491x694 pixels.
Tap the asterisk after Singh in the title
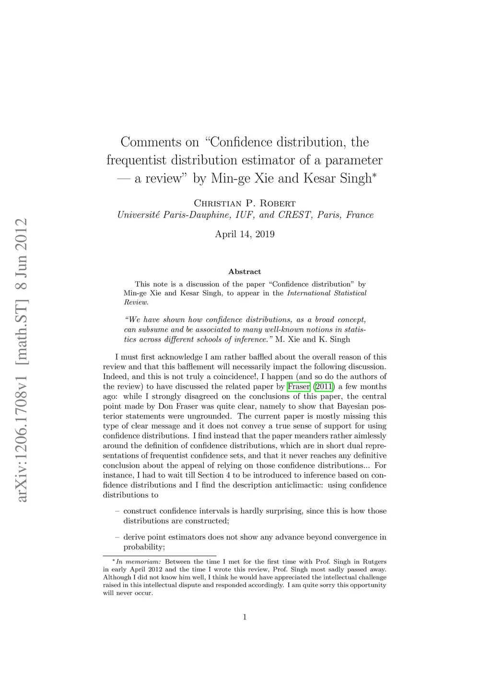pos(374,175)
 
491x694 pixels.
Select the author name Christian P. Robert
pos(245,203)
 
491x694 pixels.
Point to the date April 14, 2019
pos(245,234)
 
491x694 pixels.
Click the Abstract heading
pos(245,272)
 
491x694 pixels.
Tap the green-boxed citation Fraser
pos(299,386)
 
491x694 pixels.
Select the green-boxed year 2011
pos(324,386)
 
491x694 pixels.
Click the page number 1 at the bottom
pos(245,617)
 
